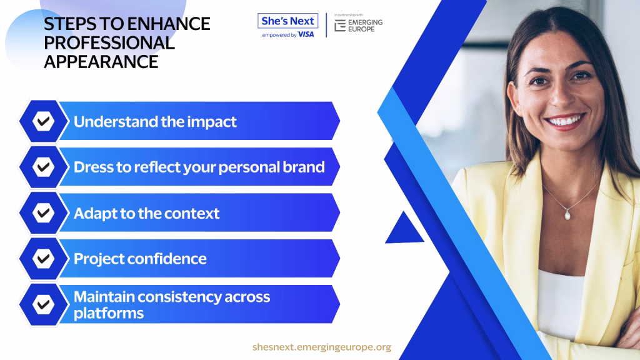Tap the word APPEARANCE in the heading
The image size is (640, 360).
click(101, 62)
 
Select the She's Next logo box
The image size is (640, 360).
click(287, 21)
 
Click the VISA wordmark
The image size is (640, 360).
click(306, 35)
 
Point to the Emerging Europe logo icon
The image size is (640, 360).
click(340, 25)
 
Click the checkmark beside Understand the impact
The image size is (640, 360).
click(43, 121)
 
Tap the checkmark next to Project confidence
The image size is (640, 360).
click(43, 258)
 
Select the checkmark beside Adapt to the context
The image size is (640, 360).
click(43, 212)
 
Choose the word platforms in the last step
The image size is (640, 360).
click(109, 314)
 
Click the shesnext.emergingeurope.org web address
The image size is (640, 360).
click(322, 347)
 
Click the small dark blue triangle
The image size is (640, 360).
click(404, 229)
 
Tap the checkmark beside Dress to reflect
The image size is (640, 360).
click(43, 166)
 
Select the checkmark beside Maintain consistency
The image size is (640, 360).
click(43, 304)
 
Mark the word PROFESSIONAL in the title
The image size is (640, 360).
click(109, 43)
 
